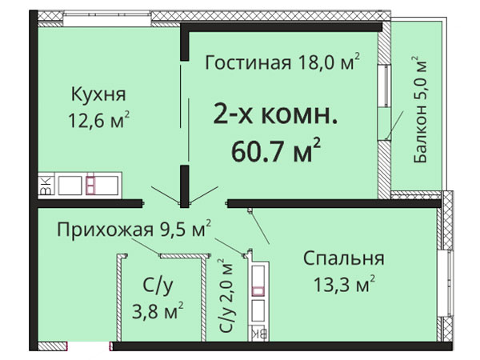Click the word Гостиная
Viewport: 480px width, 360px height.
pos(248,62)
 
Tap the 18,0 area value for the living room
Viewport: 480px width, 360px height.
pos(313,62)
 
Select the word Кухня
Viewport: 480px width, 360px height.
pos(98,94)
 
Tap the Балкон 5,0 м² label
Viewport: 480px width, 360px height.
pos(419,110)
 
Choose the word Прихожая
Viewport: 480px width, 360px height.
pos(105,229)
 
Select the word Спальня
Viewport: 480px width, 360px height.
pos(344,258)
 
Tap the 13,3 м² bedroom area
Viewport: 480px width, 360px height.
pos(344,284)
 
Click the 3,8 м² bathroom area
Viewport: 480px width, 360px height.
pos(158,311)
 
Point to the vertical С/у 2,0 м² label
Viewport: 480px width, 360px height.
pos(226,296)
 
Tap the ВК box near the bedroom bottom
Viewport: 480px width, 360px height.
pos(260,334)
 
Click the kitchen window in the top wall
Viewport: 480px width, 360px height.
pos(107,19)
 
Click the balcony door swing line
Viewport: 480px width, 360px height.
pos(395,125)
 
